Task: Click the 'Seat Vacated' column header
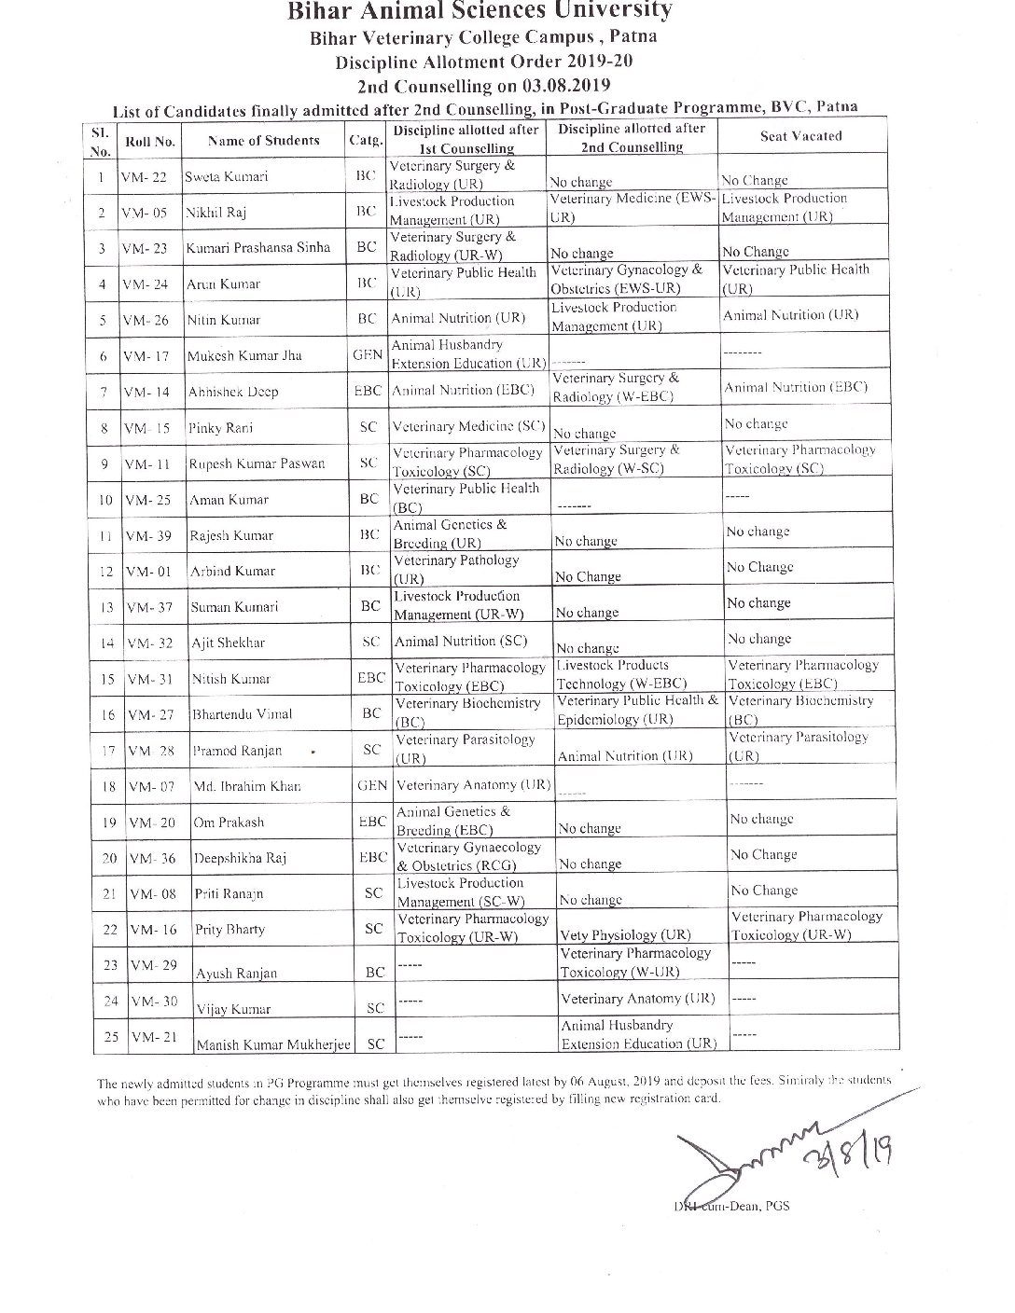[800, 136]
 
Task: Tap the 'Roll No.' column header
[150, 142]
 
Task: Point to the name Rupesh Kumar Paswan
[257, 463]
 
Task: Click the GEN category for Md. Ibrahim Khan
[372, 785]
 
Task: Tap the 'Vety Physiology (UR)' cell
[625, 935]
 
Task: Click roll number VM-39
[149, 535]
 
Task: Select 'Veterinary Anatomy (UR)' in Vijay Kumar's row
[637, 998]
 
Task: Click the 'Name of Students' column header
[263, 141]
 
